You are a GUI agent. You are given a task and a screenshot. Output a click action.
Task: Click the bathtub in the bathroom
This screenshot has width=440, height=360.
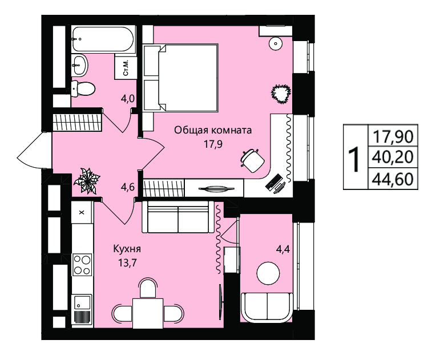[x=103, y=39]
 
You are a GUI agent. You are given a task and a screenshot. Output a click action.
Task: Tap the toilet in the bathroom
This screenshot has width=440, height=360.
[x=83, y=89]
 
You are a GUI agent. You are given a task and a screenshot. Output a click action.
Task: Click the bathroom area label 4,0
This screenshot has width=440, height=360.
[x=128, y=99]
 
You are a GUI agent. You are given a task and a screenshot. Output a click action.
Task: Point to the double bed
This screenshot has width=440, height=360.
[x=181, y=78]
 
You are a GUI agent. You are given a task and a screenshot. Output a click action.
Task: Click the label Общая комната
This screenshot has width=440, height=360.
[x=213, y=130]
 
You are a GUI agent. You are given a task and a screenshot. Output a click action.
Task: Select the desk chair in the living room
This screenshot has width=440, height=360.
[x=252, y=160]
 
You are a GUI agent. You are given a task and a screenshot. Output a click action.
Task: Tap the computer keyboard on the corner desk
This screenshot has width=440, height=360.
[x=273, y=182]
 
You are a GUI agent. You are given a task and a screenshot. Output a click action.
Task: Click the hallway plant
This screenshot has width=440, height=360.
[x=87, y=181]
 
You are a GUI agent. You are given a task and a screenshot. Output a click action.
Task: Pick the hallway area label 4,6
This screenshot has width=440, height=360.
[x=128, y=187]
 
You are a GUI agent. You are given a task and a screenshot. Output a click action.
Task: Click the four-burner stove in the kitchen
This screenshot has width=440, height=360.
[x=82, y=264]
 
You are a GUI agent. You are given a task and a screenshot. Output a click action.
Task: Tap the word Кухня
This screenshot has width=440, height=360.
[x=127, y=249]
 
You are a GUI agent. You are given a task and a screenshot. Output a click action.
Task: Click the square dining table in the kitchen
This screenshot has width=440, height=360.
[x=148, y=313]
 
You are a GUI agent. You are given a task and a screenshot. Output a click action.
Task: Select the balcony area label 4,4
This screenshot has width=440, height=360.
[x=283, y=249]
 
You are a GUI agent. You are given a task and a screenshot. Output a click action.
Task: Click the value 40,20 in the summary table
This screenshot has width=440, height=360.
[x=393, y=157]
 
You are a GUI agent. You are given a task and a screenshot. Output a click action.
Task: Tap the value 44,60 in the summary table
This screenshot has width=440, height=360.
[x=393, y=179]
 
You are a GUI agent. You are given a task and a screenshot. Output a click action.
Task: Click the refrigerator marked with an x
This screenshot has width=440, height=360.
[x=82, y=212]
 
